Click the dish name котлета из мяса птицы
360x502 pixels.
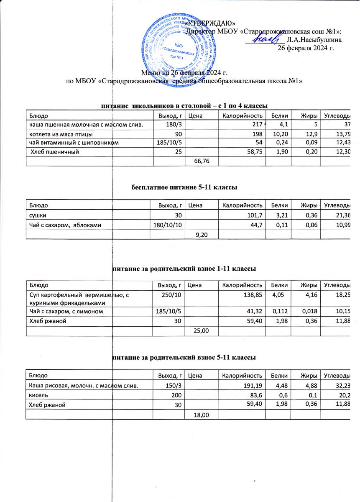(61, 134)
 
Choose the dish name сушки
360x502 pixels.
(37, 215)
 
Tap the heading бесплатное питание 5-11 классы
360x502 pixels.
(184, 188)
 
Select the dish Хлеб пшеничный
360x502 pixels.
(55, 152)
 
